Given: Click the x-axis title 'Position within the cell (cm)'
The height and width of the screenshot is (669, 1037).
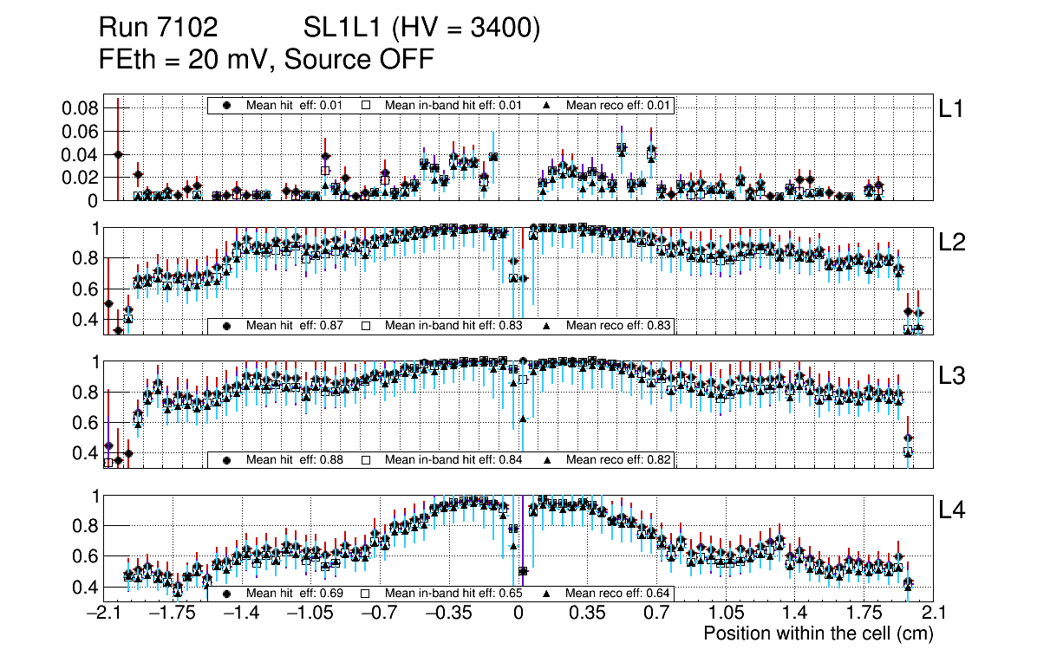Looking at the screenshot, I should pyautogui.click(x=818, y=633).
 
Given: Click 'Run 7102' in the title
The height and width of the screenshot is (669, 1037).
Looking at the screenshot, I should pyautogui.click(x=158, y=29).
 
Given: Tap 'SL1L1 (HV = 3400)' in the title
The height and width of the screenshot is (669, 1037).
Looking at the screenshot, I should pyautogui.click(x=422, y=29).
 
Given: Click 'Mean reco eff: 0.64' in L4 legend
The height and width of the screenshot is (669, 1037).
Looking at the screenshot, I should pyautogui.click(x=619, y=594).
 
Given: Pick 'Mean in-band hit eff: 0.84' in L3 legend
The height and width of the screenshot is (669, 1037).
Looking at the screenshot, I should pyautogui.click(x=453, y=459).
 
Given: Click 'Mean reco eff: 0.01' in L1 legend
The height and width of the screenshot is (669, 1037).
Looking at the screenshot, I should pyautogui.click(x=619, y=105).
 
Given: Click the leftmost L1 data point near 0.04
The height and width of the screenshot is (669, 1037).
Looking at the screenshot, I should pyautogui.click(x=118, y=154).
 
